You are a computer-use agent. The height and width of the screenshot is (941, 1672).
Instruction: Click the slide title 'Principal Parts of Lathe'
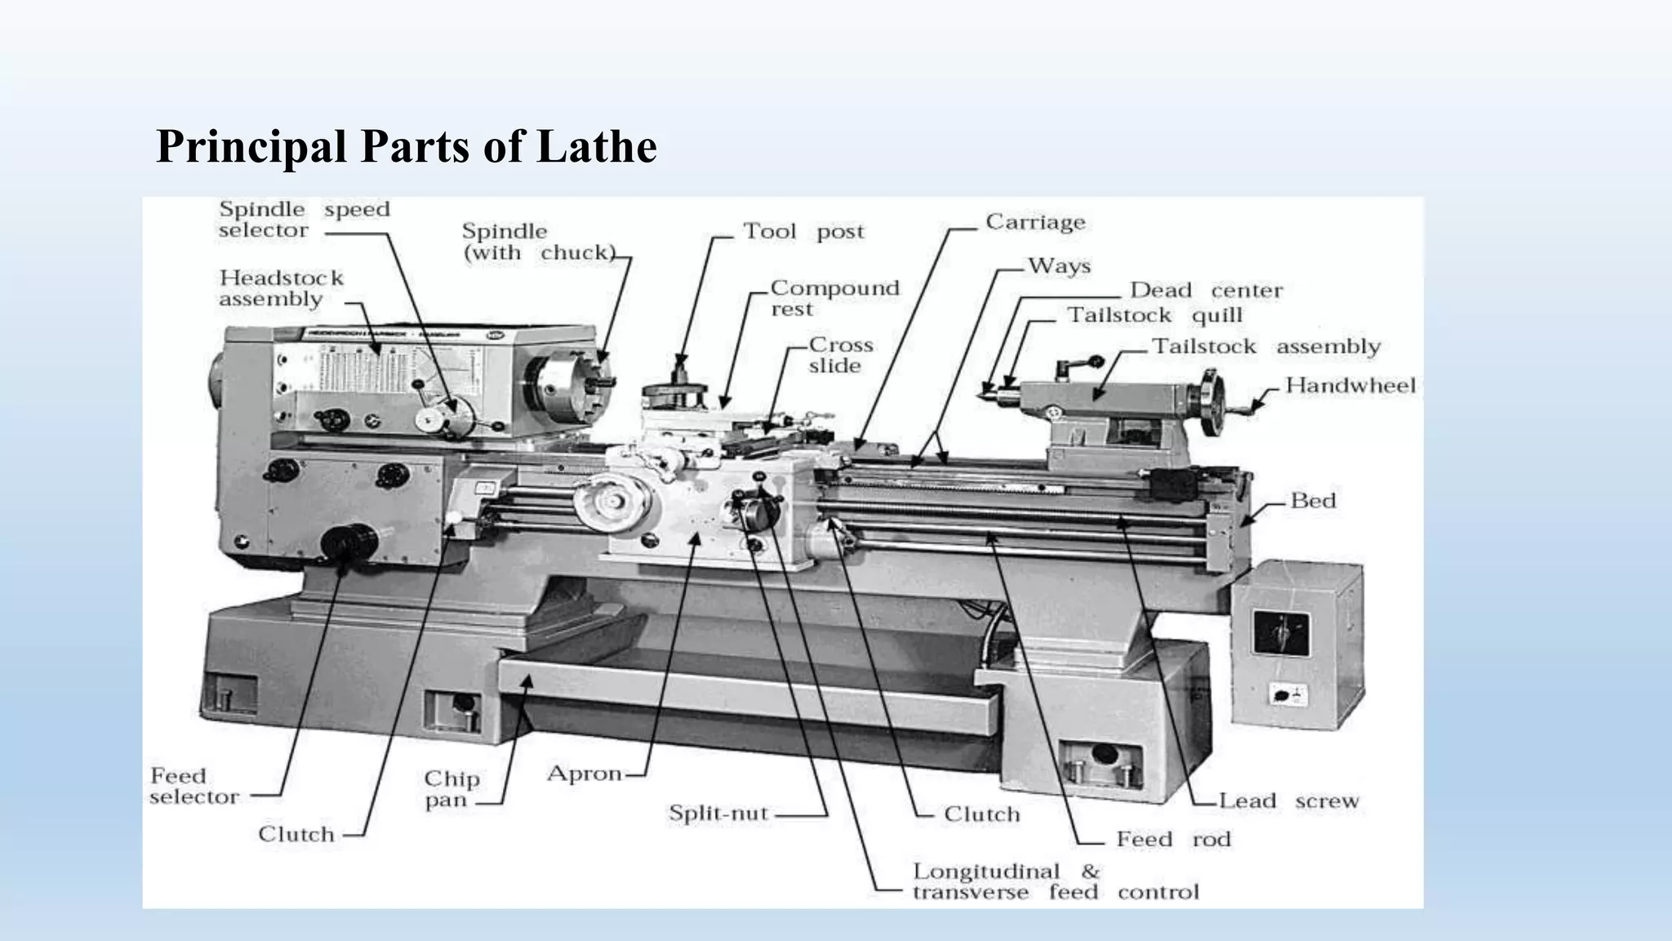406,147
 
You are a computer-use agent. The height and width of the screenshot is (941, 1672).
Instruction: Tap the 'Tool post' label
803,232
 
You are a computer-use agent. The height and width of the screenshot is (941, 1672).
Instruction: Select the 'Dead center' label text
1205,291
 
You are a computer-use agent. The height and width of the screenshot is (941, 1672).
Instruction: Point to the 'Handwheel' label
1350,386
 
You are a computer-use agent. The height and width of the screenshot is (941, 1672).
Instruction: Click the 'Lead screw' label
1288,801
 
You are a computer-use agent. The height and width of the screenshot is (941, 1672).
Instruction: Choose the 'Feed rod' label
1172,840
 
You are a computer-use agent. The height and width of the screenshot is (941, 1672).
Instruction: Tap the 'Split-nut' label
718,814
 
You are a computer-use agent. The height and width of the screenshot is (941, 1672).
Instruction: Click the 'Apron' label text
585,774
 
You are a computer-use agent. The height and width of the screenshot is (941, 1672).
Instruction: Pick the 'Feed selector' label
194,786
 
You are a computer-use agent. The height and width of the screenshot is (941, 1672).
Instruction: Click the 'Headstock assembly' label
280,288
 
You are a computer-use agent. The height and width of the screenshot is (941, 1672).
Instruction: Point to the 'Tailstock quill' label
1154,315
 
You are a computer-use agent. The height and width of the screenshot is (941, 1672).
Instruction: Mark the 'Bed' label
1313,501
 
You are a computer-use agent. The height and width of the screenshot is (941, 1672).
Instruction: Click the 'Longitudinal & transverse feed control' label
1055,882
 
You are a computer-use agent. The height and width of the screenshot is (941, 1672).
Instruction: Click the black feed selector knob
349,542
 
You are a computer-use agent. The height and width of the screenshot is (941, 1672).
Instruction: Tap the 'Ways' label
1059,266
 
